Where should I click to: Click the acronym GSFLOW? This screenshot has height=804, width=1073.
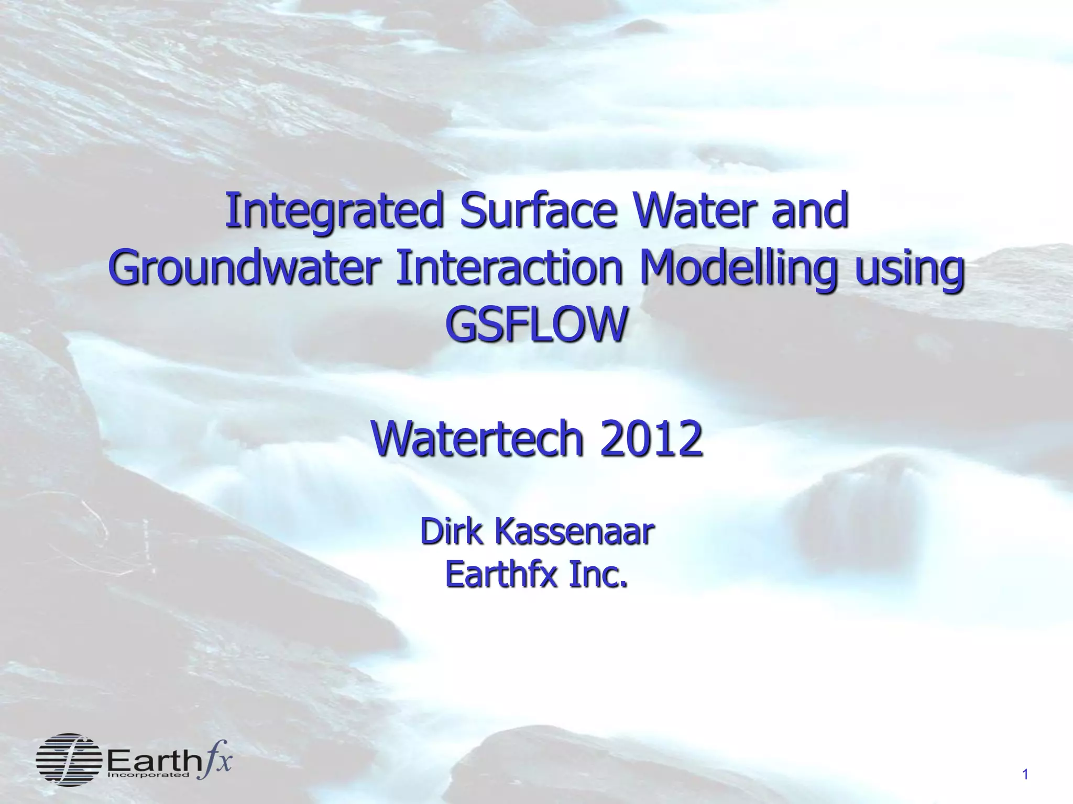tap(535, 325)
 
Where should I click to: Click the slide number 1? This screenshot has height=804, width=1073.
tap(1025, 775)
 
